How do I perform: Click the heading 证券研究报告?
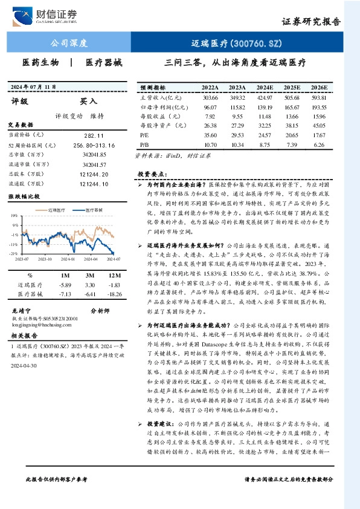point(310,21)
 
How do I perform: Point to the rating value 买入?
point(89,102)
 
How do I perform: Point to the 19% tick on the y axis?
point(13,215)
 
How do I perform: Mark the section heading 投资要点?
point(152,173)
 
